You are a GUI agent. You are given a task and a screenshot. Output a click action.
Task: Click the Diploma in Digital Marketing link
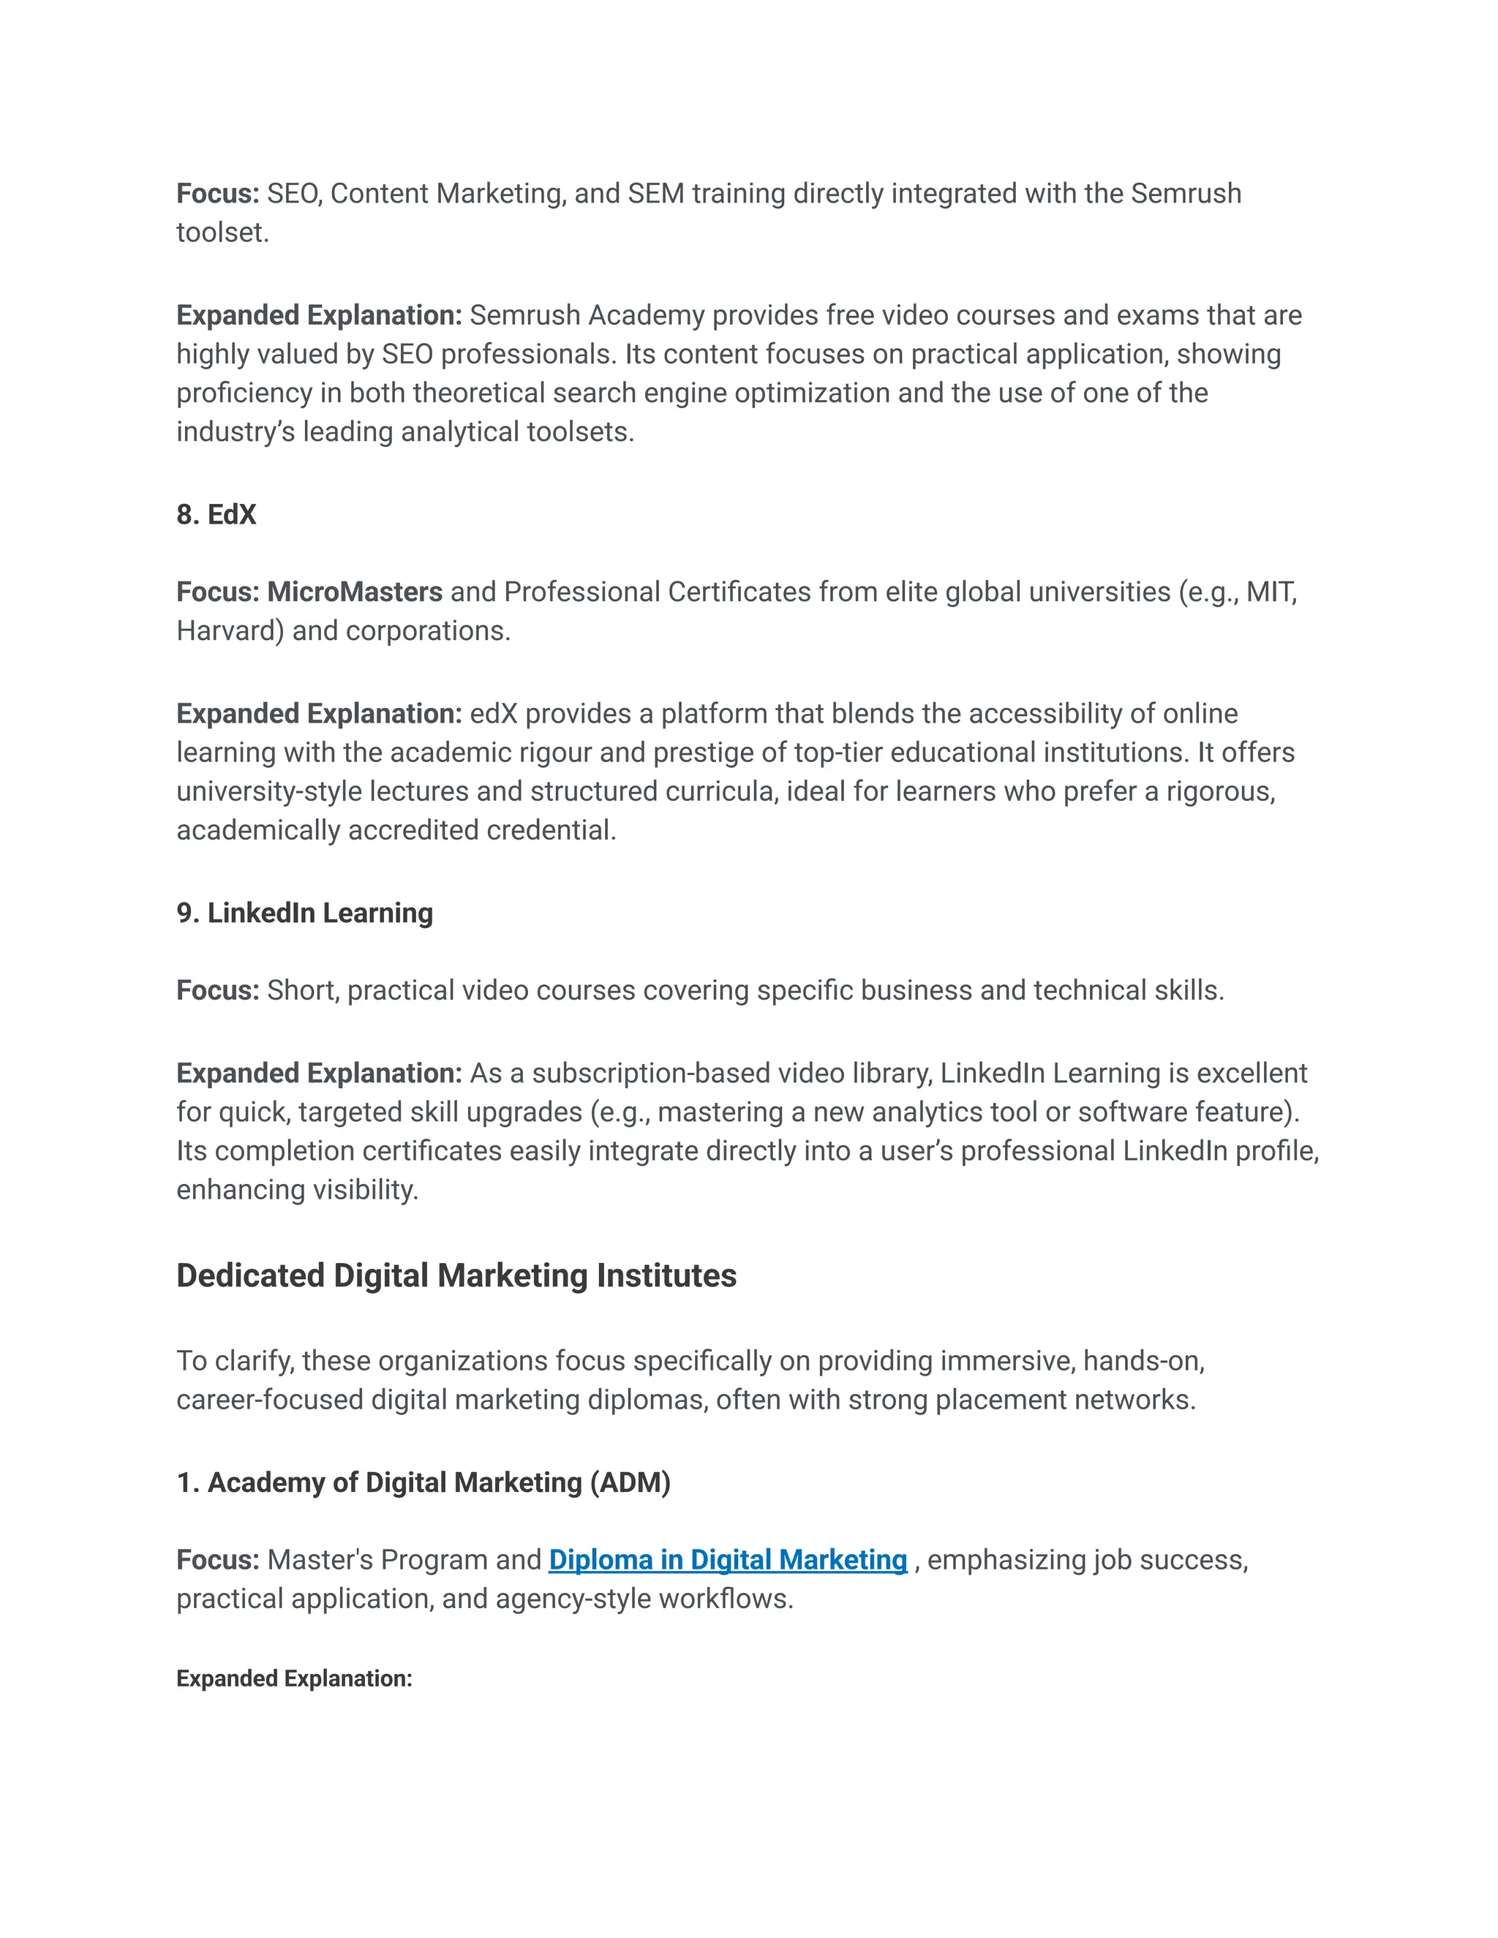[728, 1560]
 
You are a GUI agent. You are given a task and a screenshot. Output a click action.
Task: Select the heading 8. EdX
[216, 515]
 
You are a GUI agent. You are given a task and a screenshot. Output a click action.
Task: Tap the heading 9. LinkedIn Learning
[304, 913]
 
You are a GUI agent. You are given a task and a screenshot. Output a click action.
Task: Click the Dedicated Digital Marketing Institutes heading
[456, 1276]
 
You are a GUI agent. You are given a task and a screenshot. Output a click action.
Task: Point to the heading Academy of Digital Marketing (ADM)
[424, 1483]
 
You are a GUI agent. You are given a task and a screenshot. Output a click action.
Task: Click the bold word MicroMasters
[354, 592]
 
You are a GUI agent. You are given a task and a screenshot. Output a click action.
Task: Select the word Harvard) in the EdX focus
[230, 631]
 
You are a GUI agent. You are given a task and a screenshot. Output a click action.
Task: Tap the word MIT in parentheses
[1269, 592]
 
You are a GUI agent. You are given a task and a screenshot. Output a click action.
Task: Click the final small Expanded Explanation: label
[294, 1679]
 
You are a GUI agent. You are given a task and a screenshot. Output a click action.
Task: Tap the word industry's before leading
[236, 432]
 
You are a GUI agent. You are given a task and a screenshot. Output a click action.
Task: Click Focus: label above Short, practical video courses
[217, 990]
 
